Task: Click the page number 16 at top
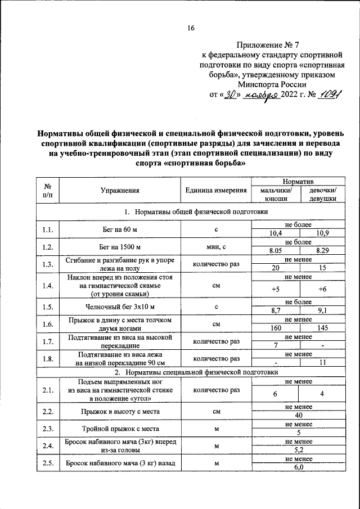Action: [x=191, y=29]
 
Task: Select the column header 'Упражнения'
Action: [x=120, y=191]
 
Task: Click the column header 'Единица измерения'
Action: [x=216, y=191]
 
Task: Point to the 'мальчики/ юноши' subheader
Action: [x=276, y=195]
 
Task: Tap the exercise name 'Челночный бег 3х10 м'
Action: [x=120, y=307]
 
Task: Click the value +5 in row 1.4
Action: [x=276, y=289]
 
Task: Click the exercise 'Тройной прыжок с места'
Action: [x=120, y=429]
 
